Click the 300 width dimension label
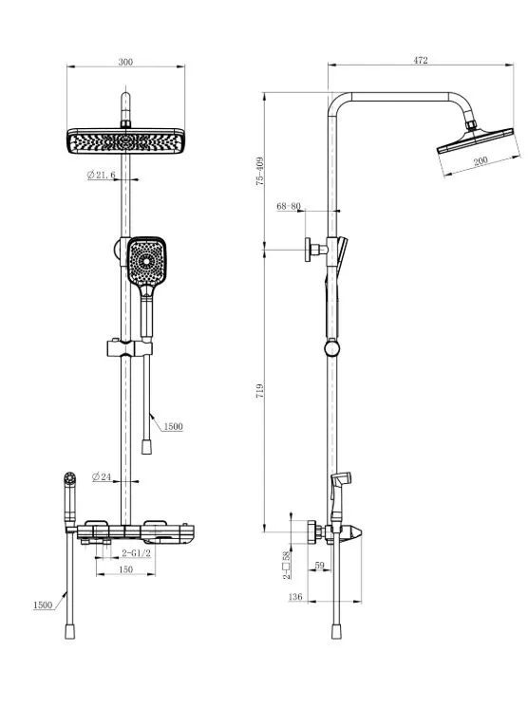[x=125, y=62]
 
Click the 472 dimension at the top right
[x=421, y=60]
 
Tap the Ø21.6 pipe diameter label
[x=101, y=175]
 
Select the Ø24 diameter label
[x=102, y=476]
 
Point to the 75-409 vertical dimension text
[x=260, y=172]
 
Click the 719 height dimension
[x=260, y=390]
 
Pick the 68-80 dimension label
[x=289, y=206]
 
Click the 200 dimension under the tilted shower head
[x=481, y=160]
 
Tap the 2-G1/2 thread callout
[x=136, y=553]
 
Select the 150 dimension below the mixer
[x=126, y=569]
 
